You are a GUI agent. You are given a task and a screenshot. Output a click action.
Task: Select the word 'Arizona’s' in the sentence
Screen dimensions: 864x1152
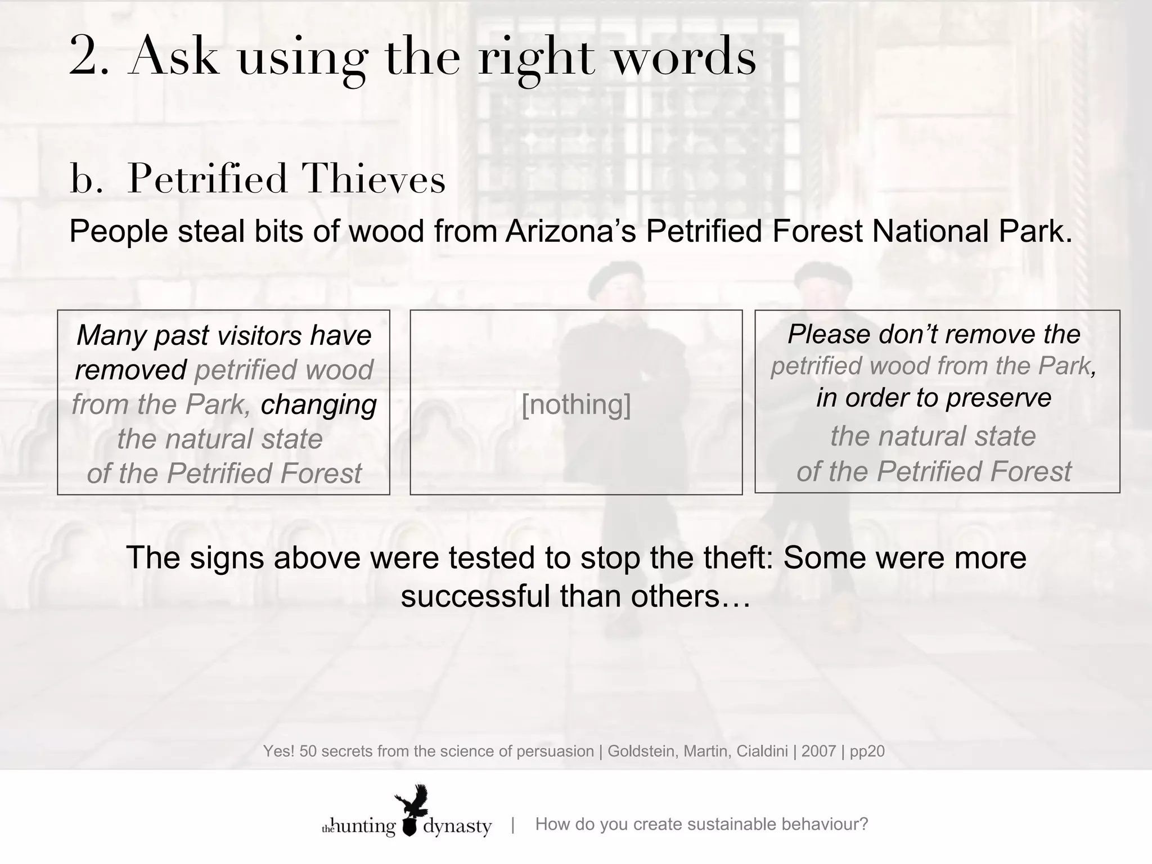570,232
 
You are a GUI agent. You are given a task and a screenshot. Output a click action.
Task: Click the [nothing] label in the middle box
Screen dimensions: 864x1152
576,404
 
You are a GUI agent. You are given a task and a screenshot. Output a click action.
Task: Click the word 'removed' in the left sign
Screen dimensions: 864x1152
130,370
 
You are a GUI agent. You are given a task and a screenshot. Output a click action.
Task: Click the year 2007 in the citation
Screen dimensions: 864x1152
818,751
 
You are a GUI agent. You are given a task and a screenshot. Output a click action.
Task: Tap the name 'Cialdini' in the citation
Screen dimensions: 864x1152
762,751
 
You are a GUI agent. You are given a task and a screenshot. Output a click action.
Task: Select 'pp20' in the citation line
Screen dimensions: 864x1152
867,751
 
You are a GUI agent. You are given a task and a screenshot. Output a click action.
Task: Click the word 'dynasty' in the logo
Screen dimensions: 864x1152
457,827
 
